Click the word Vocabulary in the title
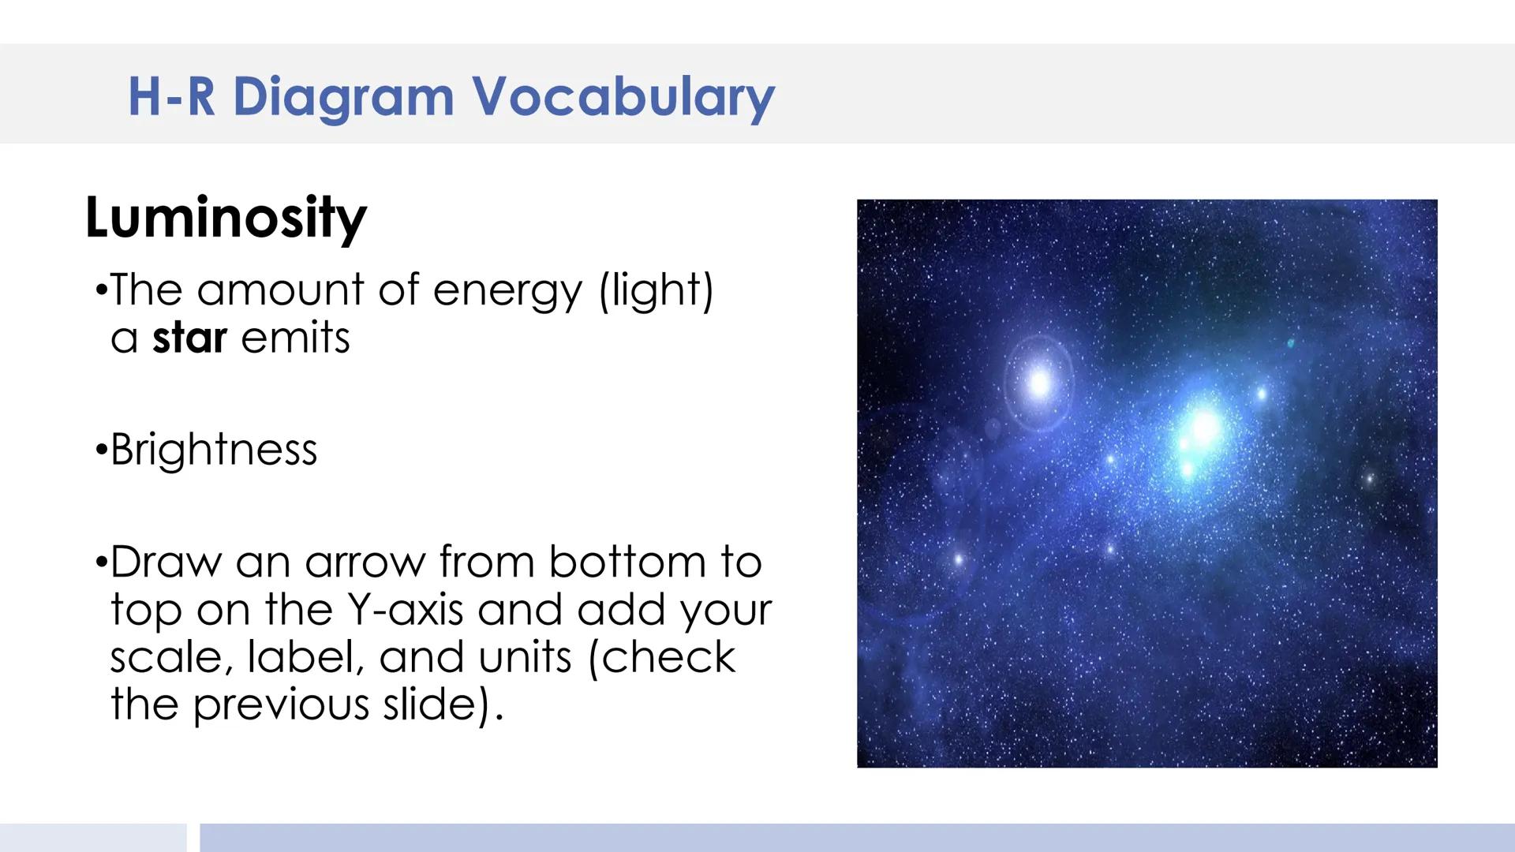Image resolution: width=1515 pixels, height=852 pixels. point(623,97)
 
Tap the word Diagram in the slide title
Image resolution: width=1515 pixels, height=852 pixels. point(343,97)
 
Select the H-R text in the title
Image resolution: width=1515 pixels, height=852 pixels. point(171,96)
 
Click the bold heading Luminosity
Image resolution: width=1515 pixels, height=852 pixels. point(226,218)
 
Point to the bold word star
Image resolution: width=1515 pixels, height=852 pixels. point(189,338)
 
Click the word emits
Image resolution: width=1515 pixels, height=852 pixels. point(295,338)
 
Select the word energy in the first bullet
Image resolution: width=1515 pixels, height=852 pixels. point(507,291)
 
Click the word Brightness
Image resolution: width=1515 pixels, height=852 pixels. point(213,450)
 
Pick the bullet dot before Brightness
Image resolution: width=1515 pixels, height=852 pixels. point(100,450)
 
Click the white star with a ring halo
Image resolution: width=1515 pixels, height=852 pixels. point(1039,384)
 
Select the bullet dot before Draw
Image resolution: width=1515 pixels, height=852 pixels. point(100,563)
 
